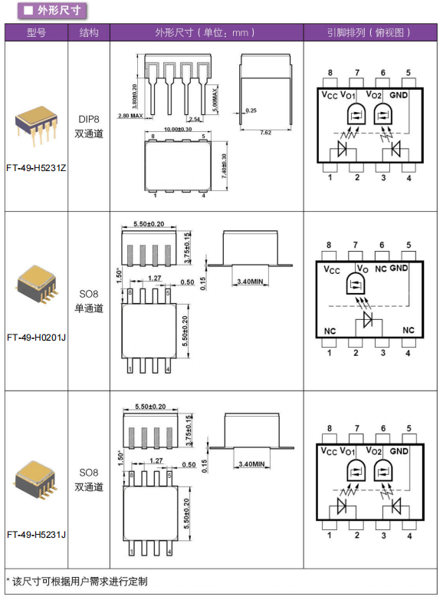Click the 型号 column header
36,32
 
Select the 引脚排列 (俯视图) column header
369,32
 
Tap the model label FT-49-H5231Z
36,168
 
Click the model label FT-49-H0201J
36,338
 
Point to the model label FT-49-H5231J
36,535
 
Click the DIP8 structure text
89,120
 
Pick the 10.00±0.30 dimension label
178,130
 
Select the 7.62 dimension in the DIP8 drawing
266,133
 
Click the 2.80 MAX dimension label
130,116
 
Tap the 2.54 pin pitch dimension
195,119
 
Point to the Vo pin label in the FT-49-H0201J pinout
363,269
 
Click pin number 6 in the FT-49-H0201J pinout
382,246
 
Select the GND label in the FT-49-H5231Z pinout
399,95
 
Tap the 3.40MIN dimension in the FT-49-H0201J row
251,282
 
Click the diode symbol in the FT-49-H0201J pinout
368,319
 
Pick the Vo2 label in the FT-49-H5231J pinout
374,450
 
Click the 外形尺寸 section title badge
52,10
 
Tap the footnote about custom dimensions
77,582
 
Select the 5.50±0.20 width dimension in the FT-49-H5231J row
150,407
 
